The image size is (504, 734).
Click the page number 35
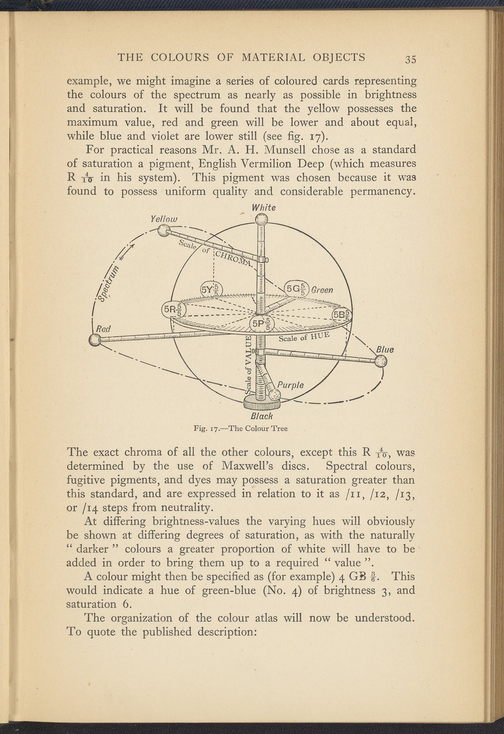click(x=410, y=59)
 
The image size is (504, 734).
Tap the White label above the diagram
click(x=263, y=208)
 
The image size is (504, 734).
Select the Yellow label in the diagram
click(x=164, y=219)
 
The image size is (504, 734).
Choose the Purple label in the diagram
click(x=290, y=385)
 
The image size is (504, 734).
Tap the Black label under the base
click(x=262, y=416)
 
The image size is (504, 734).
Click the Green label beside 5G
click(x=322, y=290)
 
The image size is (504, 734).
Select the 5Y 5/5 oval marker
click(x=211, y=289)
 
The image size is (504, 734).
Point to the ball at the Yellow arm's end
click(x=163, y=230)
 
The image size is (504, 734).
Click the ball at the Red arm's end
click(x=95, y=340)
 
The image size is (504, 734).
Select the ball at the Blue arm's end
click(x=381, y=361)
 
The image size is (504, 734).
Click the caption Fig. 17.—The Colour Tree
click(x=241, y=429)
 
